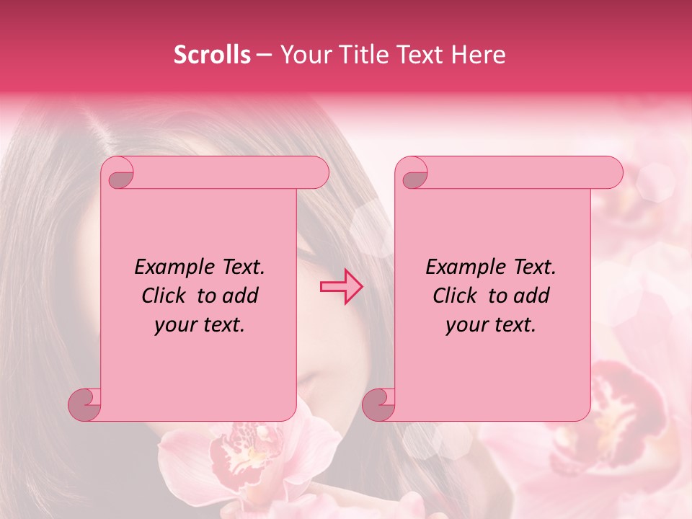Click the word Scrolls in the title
pos(212,55)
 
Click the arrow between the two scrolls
pos(342,287)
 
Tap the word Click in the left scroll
pos(158,296)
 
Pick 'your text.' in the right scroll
pos(491,325)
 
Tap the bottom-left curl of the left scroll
pos(85,404)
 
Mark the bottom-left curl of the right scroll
pos(379,404)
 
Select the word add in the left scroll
pos(240,296)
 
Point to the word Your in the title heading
pos(302,55)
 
